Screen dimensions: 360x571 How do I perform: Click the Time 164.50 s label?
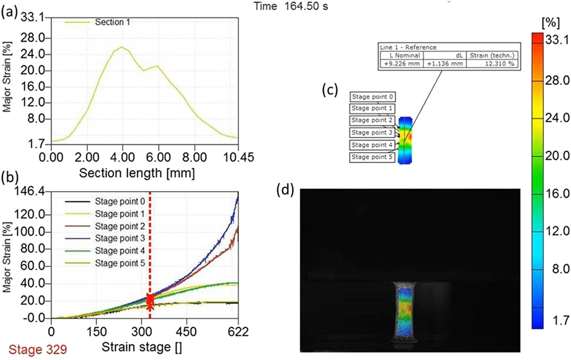click(x=291, y=6)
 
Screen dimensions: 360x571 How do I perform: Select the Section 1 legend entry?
click(x=112, y=22)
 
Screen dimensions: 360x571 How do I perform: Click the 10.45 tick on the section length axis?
click(x=238, y=157)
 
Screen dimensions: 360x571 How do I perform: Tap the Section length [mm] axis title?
click(x=137, y=173)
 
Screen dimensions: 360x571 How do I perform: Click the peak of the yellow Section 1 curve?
click(x=122, y=47)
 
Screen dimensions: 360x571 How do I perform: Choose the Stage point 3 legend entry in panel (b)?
click(x=120, y=238)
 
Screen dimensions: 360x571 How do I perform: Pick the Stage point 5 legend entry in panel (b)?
click(x=120, y=263)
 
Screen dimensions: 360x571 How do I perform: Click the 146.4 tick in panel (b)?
click(x=29, y=191)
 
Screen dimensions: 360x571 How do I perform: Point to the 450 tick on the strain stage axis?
click(x=186, y=331)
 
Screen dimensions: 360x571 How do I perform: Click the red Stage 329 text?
click(x=38, y=349)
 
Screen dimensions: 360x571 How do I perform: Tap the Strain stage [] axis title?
click(x=142, y=347)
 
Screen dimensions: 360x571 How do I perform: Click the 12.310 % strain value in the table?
click(x=499, y=64)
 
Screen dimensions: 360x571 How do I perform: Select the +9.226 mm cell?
click(x=402, y=64)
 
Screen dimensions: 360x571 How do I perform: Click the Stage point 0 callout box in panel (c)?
click(x=372, y=97)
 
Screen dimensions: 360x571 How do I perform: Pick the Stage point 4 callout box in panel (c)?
click(x=372, y=145)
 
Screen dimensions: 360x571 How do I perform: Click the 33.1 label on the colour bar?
click(x=557, y=39)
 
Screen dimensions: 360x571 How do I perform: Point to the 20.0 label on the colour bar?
click(x=557, y=155)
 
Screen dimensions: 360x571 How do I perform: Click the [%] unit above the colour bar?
click(x=550, y=23)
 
